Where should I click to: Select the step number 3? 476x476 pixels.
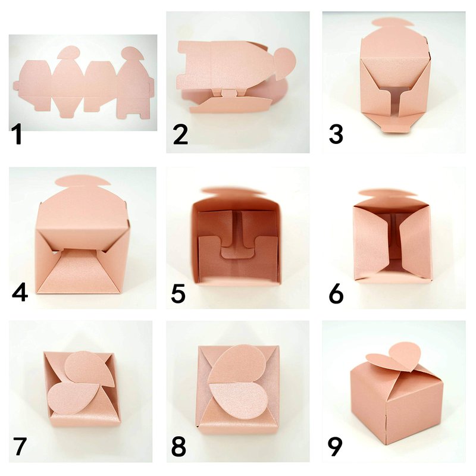point(336,134)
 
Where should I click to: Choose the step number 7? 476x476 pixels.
point(20,446)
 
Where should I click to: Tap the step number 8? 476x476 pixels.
point(178,446)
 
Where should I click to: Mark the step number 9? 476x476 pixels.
point(335,446)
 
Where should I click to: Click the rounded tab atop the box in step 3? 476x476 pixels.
point(393,23)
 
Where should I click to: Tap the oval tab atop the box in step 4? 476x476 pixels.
point(83,181)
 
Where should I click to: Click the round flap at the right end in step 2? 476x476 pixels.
point(285,61)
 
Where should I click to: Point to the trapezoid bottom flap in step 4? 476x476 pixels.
point(80,271)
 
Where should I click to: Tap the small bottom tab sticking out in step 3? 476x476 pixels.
point(394,128)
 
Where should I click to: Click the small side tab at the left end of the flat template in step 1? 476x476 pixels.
point(16,86)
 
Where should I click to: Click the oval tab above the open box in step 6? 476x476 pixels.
point(389,193)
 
